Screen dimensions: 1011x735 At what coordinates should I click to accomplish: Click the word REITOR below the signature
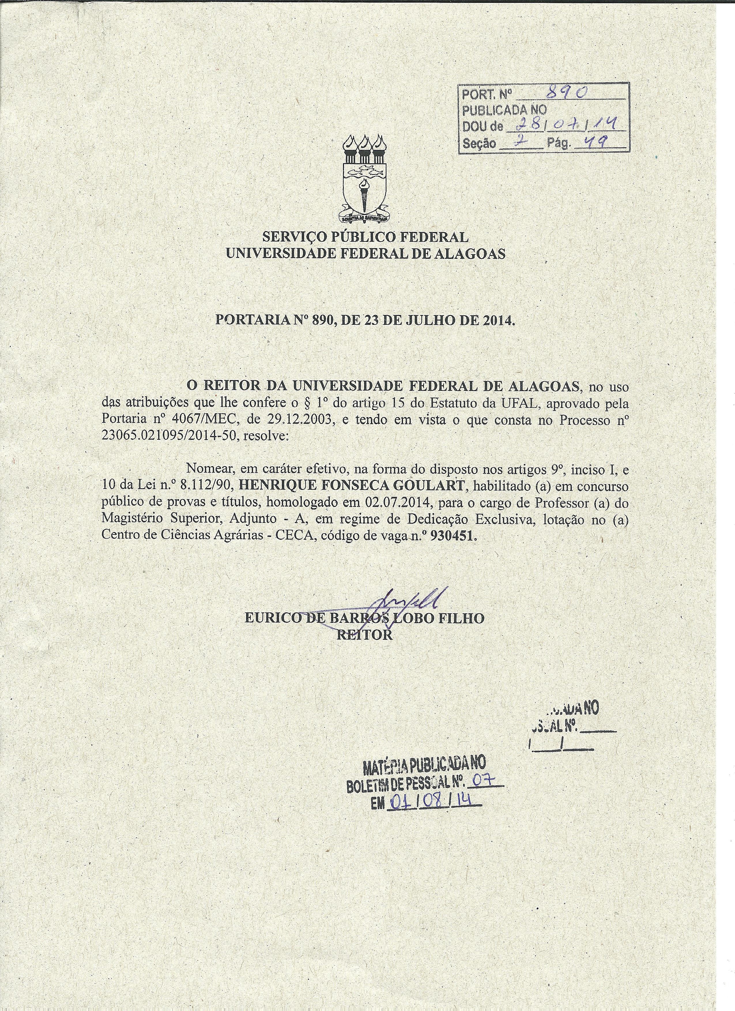[365, 635]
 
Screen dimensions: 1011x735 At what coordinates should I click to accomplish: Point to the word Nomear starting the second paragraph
[211, 468]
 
